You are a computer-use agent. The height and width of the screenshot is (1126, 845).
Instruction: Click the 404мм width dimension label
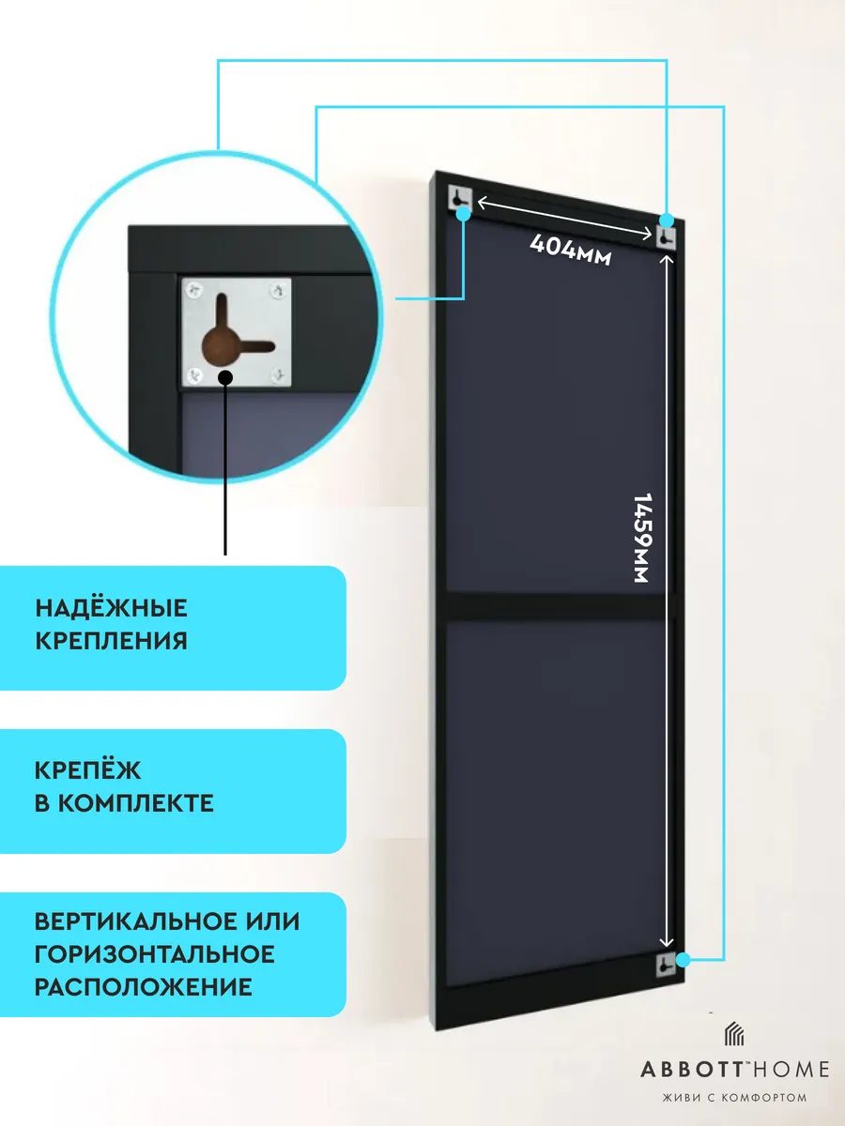pyautogui.click(x=571, y=250)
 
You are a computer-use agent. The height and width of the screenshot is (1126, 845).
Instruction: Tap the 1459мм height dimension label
pyautogui.click(x=643, y=538)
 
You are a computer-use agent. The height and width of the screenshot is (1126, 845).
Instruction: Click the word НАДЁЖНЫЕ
pyautogui.click(x=112, y=608)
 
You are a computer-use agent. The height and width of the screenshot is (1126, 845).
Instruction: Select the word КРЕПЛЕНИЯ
pyautogui.click(x=112, y=641)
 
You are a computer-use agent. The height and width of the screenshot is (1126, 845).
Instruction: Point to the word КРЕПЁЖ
pyautogui.click(x=87, y=769)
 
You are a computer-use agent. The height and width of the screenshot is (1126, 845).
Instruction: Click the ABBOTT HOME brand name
pyautogui.click(x=735, y=1070)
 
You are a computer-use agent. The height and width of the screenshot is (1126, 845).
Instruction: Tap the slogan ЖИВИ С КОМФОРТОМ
pyautogui.click(x=735, y=1098)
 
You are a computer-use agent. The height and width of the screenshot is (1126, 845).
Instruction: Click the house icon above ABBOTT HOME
pyautogui.click(x=734, y=1034)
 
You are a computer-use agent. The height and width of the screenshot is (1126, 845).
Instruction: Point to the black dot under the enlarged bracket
pyautogui.click(x=225, y=377)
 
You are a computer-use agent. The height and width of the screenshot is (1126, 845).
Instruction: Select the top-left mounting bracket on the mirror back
pyautogui.click(x=460, y=197)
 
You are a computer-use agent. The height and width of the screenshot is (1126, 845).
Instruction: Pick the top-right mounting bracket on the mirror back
pyautogui.click(x=666, y=237)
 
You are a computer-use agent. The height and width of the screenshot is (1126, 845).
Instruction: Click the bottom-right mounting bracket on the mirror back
pyautogui.click(x=666, y=965)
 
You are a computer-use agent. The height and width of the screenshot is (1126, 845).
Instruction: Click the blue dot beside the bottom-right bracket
pyautogui.click(x=683, y=959)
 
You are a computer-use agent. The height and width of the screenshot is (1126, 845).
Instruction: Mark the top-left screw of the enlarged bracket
pyautogui.click(x=194, y=290)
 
